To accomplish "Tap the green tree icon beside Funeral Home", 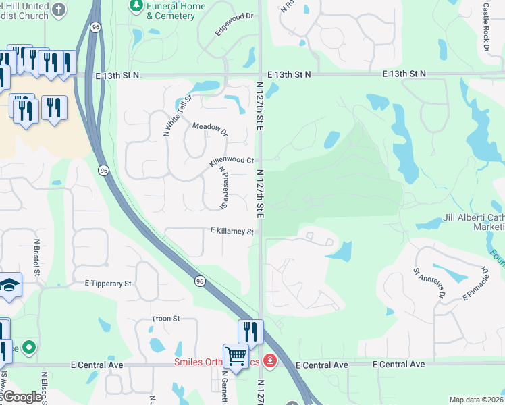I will pyautogui.click(x=136, y=6).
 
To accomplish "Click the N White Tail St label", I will pyautogui.click(x=178, y=116).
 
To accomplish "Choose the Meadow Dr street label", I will pyautogui.click(x=210, y=129).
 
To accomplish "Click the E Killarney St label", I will pyautogui.click(x=232, y=231).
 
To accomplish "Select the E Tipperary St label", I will pyautogui.click(x=108, y=284).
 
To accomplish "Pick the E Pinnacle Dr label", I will pyautogui.click(x=475, y=284).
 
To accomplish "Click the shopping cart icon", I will pyautogui.click(x=236, y=354).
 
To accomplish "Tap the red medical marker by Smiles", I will pyautogui.click(x=270, y=361).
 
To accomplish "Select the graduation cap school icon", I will pyautogui.click(x=9, y=286).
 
